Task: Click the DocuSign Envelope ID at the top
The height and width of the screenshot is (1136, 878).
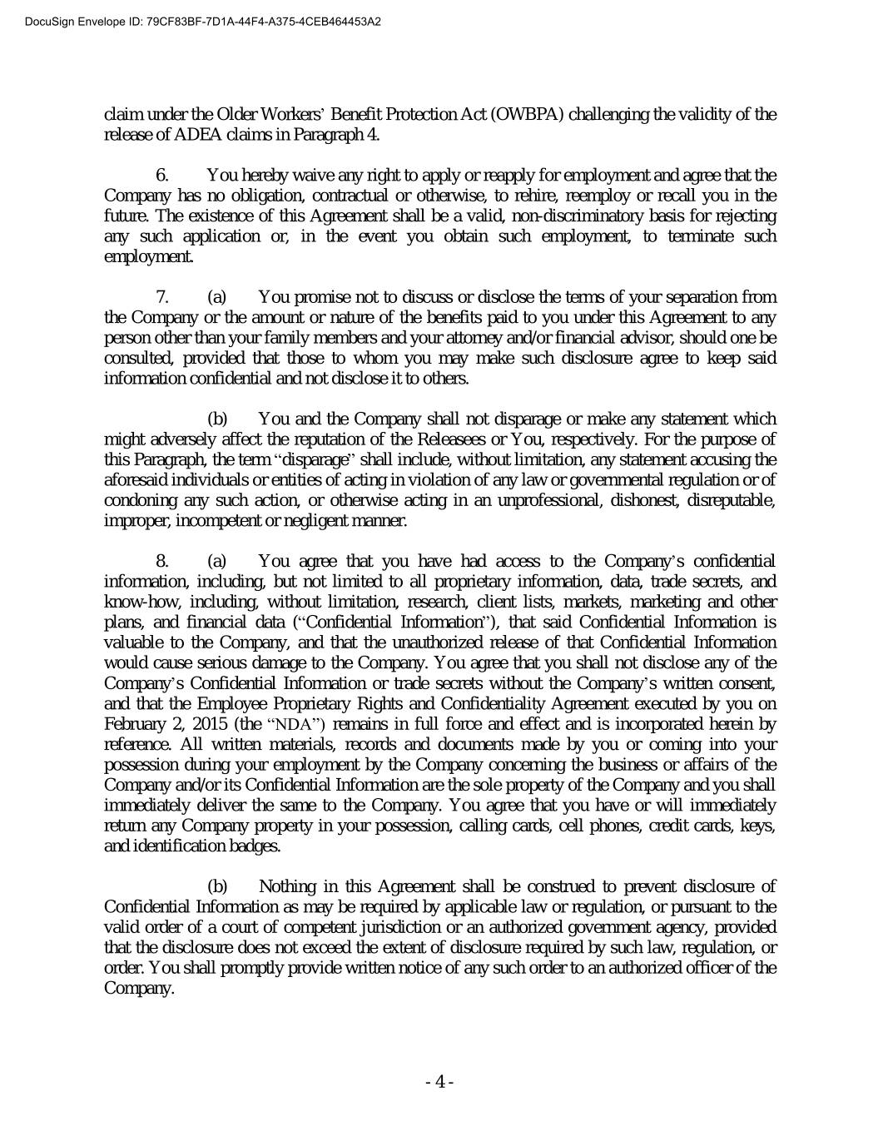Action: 192,22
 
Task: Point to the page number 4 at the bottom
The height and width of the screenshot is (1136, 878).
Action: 439,1082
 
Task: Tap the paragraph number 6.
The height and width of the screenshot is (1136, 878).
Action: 163,176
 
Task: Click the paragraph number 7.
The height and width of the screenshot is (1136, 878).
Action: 163,297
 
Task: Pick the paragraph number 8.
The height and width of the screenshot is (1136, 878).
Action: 163,562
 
